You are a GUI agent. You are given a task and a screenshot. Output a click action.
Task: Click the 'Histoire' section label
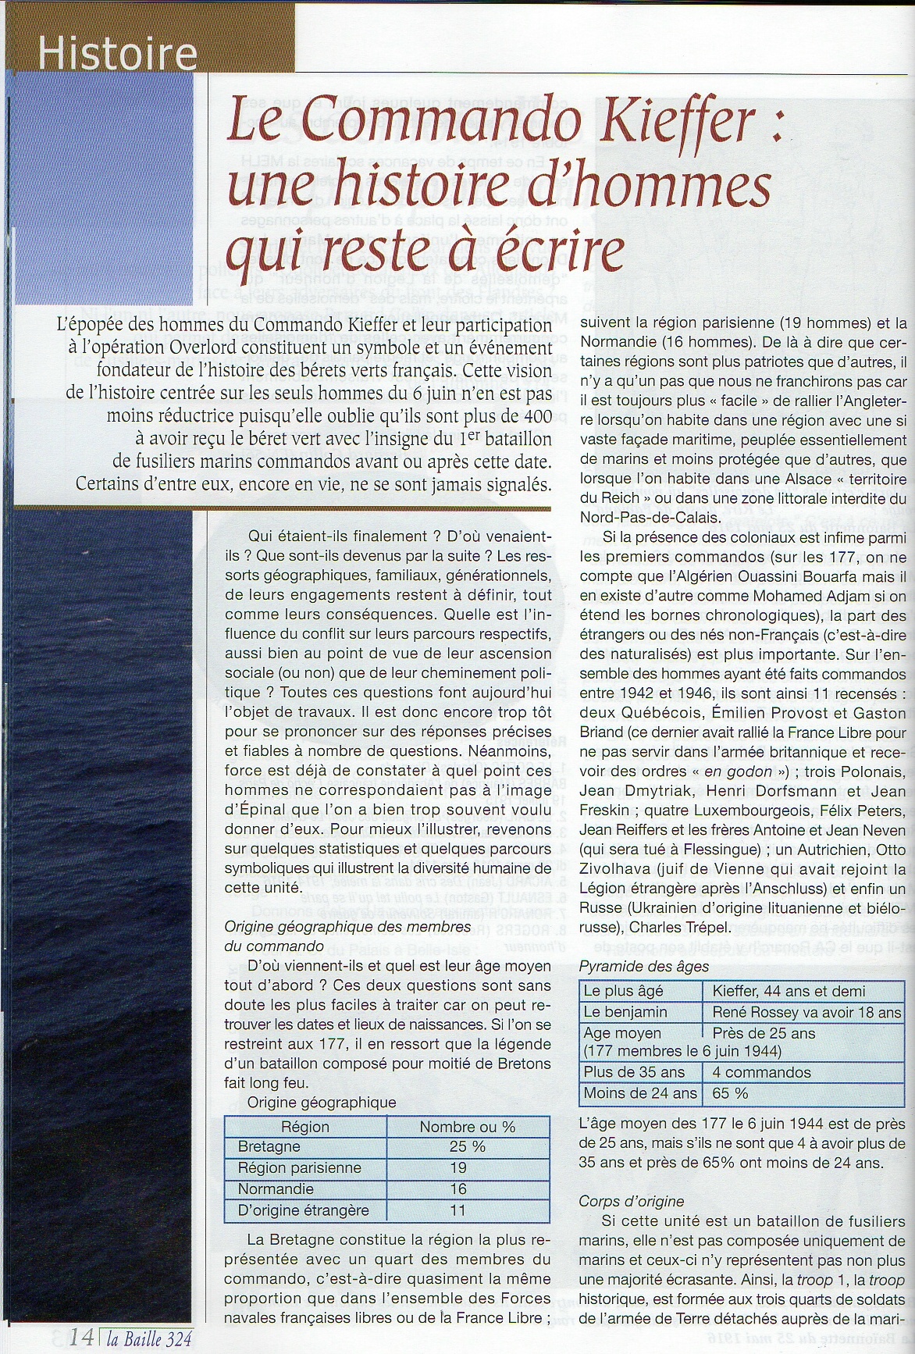(117, 55)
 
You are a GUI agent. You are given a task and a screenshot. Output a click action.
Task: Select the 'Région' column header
(305, 1127)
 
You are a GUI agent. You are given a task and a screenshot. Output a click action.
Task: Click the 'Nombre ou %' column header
(467, 1127)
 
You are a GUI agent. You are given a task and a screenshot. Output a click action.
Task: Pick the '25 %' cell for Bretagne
(467, 1147)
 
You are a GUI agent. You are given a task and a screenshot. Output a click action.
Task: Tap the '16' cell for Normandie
(458, 1189)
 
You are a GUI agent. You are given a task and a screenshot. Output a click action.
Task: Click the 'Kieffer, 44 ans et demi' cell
(789, 991)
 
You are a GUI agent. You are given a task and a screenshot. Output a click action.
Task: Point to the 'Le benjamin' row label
(625, 1012)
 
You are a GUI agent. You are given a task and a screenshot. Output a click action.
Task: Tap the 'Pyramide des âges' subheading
(644, 967)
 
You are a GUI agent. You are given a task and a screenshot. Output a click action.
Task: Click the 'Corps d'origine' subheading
(631, 1201)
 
